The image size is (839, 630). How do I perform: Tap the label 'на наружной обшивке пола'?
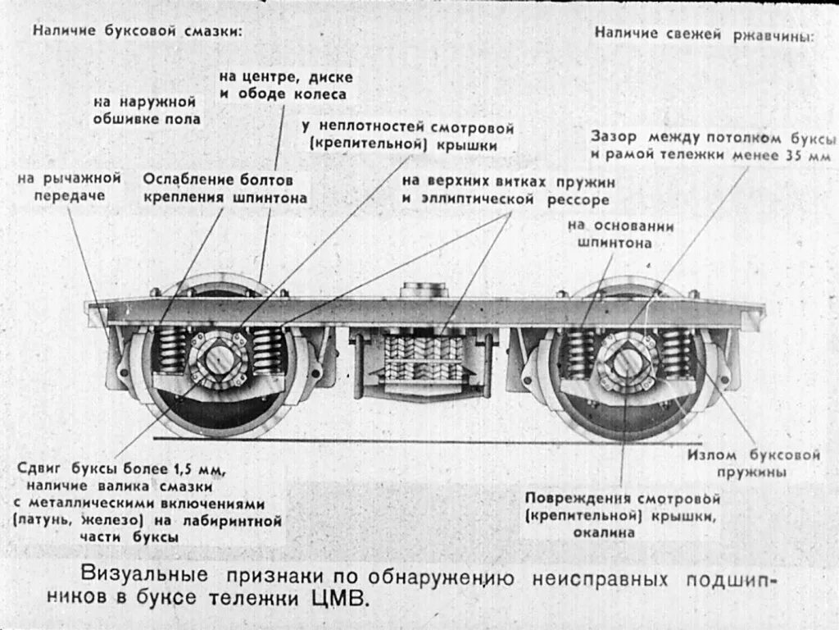point(144,111)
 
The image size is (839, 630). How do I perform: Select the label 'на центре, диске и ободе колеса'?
point(286,85)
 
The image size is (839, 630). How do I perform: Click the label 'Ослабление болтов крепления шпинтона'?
point(225,187)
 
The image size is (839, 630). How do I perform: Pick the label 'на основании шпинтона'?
point(620,234)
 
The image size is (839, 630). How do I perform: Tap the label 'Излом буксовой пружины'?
point(754,463)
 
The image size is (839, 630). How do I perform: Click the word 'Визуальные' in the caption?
point(139,574)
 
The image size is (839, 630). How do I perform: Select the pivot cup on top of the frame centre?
point(424,290)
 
